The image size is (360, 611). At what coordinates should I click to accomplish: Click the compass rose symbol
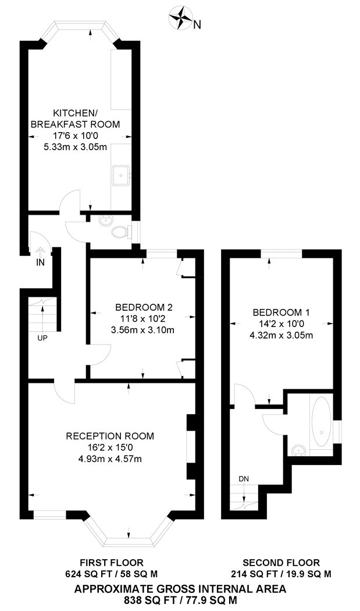click(181, 18)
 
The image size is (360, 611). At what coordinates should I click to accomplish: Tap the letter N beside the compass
click(198, 25)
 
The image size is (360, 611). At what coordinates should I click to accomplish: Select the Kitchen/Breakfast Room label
click(75, 119)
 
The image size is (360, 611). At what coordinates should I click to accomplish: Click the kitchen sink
click(121, 176)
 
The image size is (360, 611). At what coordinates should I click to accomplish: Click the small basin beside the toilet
click(105, 221)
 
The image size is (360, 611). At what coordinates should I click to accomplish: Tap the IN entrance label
click(41, 262)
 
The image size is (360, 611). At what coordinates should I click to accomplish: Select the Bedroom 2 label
click(144, 307)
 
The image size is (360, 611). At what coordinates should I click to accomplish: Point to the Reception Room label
click(110, 436)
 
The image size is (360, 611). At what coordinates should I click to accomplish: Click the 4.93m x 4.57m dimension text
click(110, 459)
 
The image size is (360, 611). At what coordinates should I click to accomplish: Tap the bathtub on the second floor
click(322, 422)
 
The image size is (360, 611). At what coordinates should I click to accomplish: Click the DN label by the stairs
click(244, 478)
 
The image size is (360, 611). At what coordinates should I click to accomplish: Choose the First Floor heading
click(112, 563)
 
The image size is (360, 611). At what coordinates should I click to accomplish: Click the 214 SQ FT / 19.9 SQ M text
click(281, 574)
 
